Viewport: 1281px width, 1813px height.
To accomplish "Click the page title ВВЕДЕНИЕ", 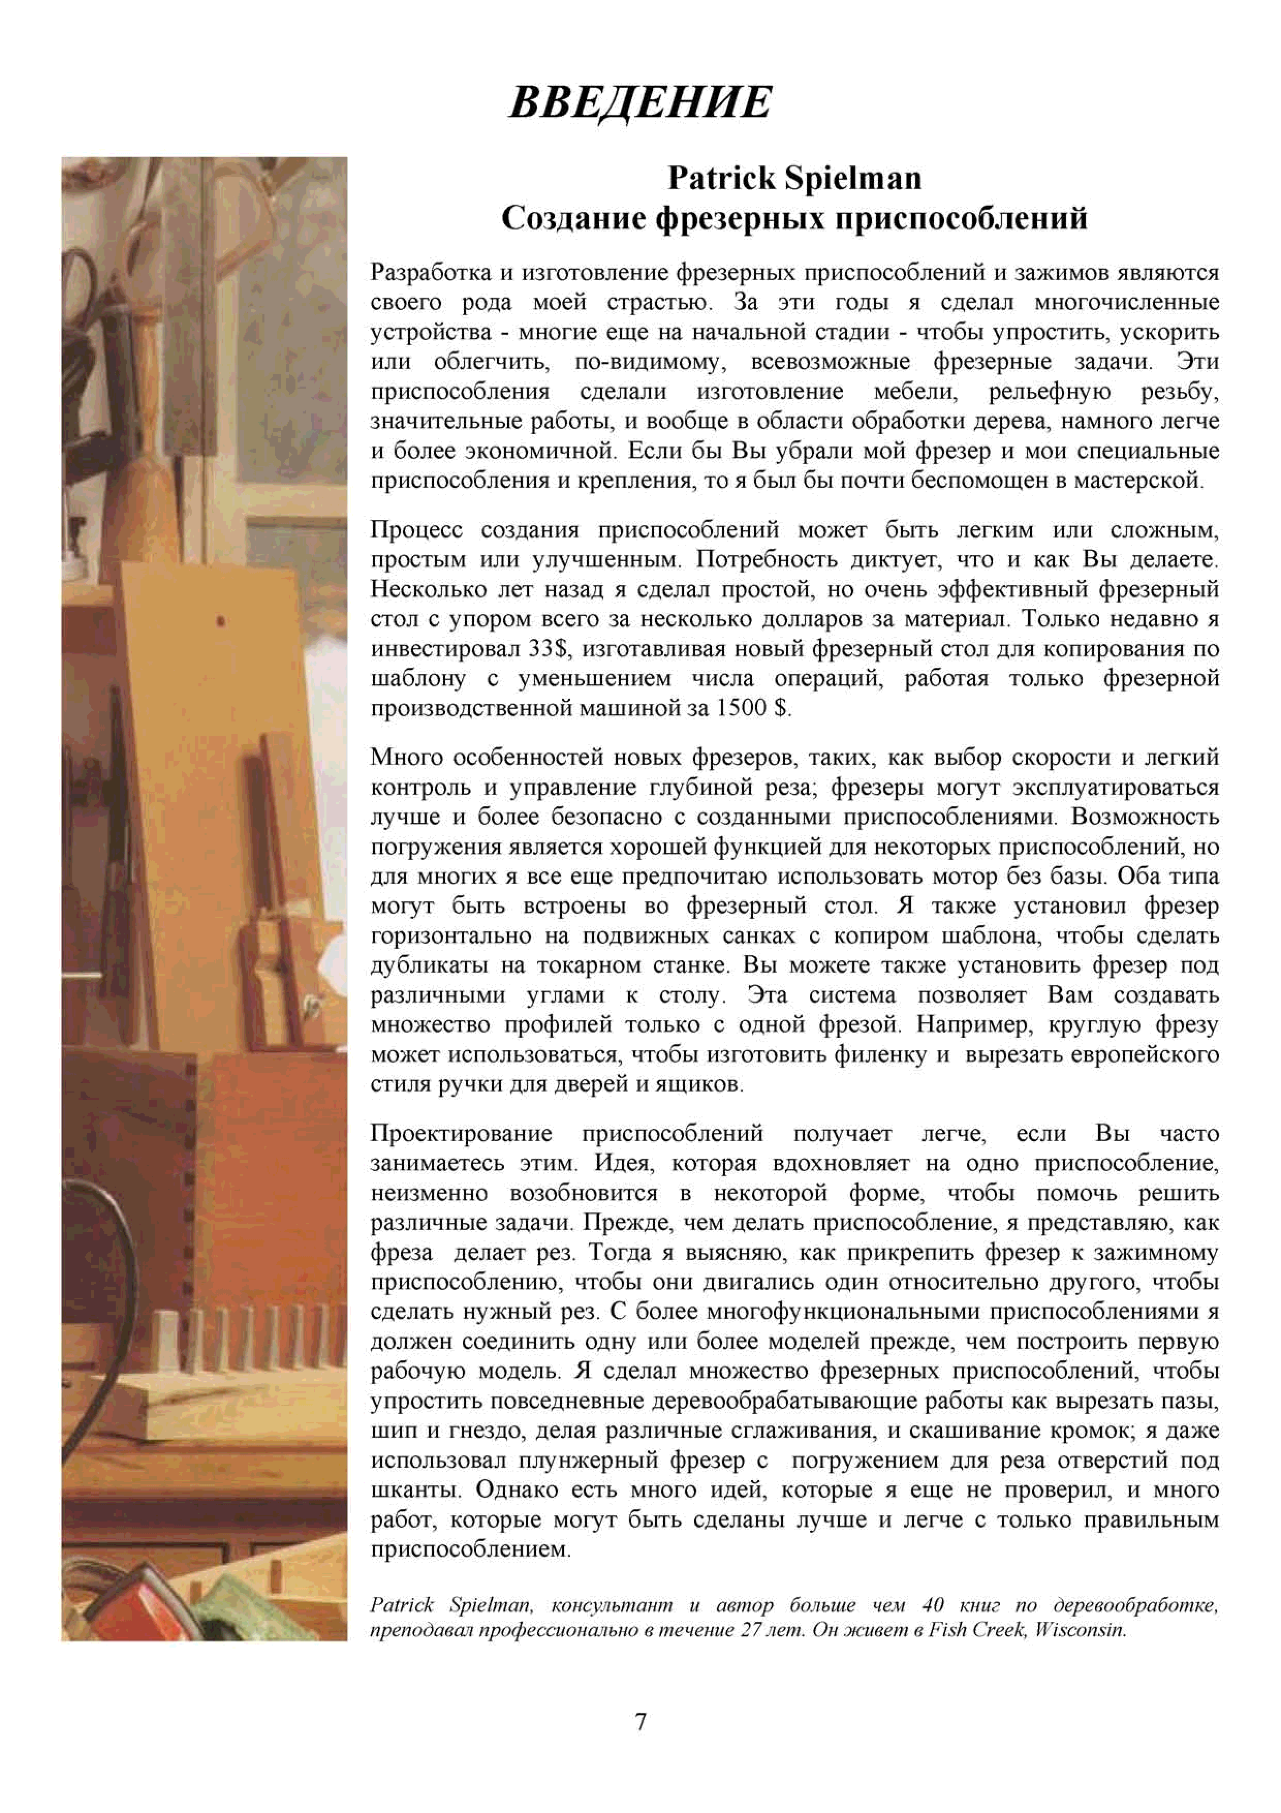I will tap(640, 103).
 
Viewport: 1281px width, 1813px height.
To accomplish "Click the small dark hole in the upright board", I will tap(222, 621).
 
